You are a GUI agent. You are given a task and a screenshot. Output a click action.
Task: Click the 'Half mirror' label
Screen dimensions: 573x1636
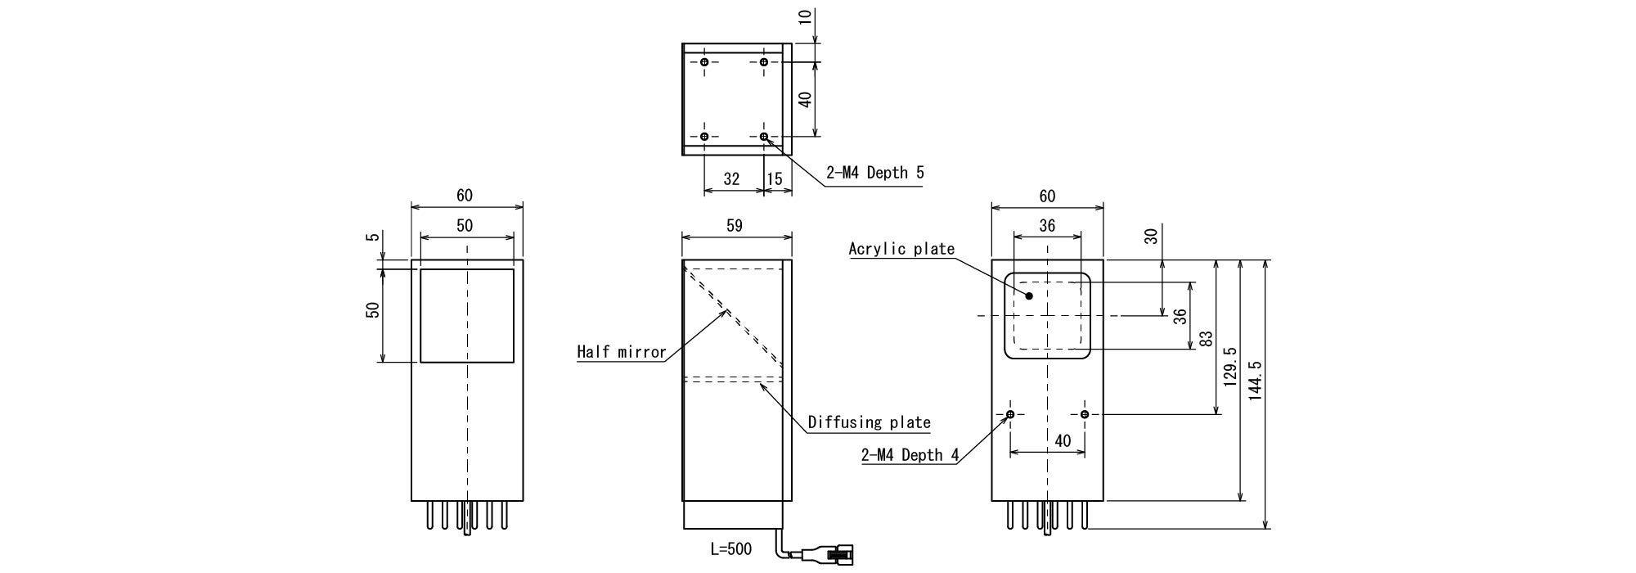pyautogui.click(x=621, y=352)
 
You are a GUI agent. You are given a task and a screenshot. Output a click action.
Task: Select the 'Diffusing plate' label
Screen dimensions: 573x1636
pyautogui.click(x=869, y=422)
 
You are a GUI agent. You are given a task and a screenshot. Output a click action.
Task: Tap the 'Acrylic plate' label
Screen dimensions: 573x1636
pyautogui.click(x=901, y=249)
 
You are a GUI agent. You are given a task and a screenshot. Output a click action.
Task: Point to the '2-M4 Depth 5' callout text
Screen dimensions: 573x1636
pyautogui.click(x=874, y=173)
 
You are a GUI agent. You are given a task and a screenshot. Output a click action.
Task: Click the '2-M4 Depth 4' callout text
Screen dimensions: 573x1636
pyautogui.click(x=910, y=455)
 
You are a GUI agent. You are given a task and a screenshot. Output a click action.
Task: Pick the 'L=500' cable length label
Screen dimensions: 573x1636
pyautogui.click(x=730, y=548)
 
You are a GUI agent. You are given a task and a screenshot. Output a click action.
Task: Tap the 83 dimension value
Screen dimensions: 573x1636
pyautogui.click(x=1205, y=339)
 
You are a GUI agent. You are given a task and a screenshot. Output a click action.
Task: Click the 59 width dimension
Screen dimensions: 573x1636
pyautogui.click(x=734, y=226)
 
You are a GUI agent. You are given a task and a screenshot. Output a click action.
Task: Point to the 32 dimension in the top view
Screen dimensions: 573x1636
pyautogui.click(x=731, y=178)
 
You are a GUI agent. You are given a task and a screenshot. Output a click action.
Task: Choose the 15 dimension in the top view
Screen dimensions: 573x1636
pyautogui.click(x=775, y=178)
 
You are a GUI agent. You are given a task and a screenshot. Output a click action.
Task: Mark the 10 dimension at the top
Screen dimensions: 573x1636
pyautogui.click(x=807, y=16)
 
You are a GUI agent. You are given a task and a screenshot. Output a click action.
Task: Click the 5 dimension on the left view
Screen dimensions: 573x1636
pyautogui.click(x=374, y=238)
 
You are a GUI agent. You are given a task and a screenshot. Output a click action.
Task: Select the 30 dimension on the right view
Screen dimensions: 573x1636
pyautogui.click(x=1151, y=237)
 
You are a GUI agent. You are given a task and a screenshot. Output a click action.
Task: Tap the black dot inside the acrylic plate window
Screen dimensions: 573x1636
pyautogui.click(x=1030, y=296)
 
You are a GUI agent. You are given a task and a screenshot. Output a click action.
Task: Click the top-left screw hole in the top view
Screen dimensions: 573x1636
pyautogui.click(x=704, y=62)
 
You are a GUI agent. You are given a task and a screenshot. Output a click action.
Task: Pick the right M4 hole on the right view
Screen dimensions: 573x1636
pyautogui.click(x=1085, y=415)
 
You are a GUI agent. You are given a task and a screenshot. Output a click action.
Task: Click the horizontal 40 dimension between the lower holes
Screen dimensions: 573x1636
pyautogui.click(x=1062, y=440)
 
